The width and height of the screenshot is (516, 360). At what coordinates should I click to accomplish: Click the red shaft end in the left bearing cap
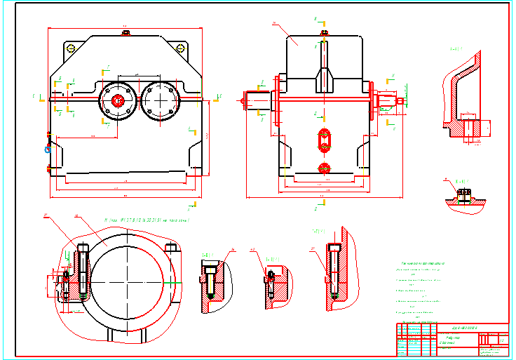tap(118, 100)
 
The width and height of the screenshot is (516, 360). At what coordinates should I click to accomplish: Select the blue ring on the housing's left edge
tap(48, 148)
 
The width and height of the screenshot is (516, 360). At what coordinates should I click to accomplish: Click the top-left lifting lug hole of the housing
tap(70, 48)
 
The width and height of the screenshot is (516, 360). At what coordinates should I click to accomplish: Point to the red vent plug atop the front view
tap(323, 32)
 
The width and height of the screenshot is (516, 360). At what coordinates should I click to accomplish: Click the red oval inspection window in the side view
tap(323, 139)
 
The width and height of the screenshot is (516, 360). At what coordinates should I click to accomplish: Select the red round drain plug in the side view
tap(323, 168)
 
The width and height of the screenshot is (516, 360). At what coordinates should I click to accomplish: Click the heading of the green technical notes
tap(414, 262)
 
